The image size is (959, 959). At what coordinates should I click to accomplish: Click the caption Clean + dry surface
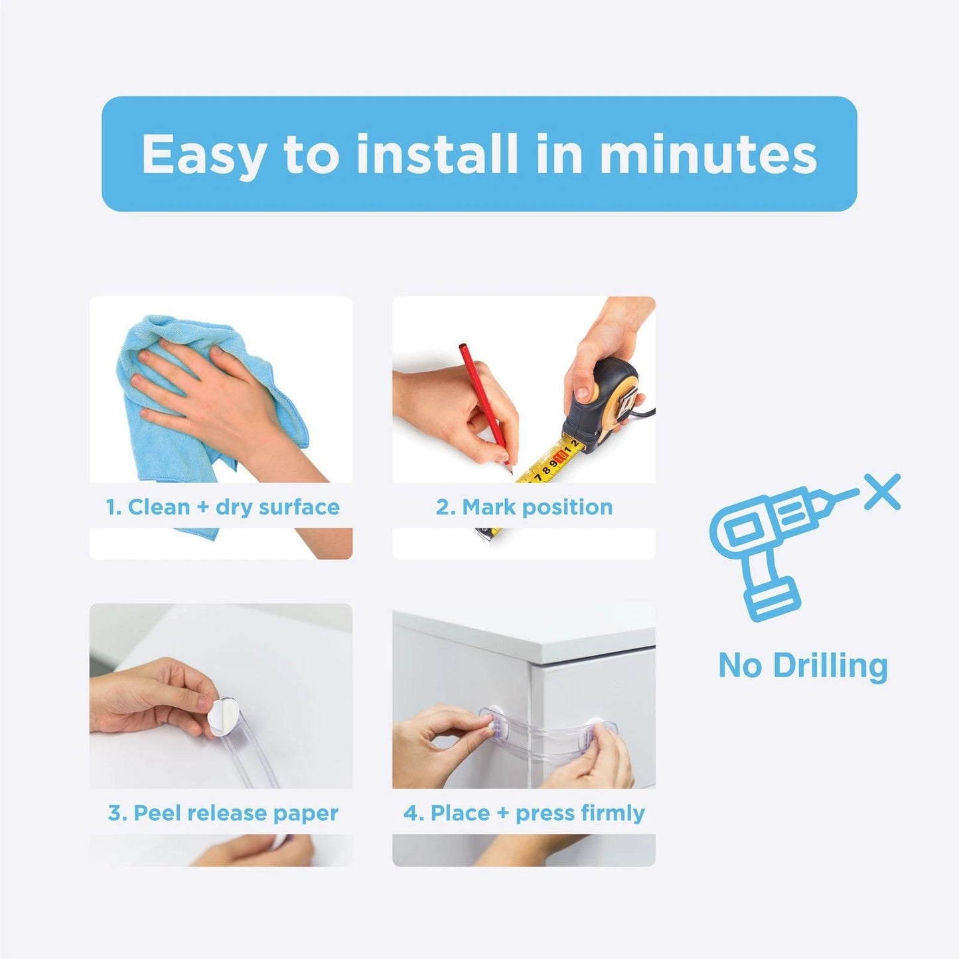(222, 507)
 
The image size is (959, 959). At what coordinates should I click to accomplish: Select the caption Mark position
(524, 507)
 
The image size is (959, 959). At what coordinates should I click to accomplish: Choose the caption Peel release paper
(222, 812)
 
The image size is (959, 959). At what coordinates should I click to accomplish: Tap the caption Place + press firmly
(524, 812)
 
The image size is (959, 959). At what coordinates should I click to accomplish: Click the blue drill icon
(770, 544)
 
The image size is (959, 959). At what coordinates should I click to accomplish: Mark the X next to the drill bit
(882, 492)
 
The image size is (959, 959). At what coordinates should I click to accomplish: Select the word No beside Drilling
(739, 665)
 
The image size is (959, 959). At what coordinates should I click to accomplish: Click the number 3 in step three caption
(115, 812)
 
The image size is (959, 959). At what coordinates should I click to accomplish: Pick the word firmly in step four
(612, 812)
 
